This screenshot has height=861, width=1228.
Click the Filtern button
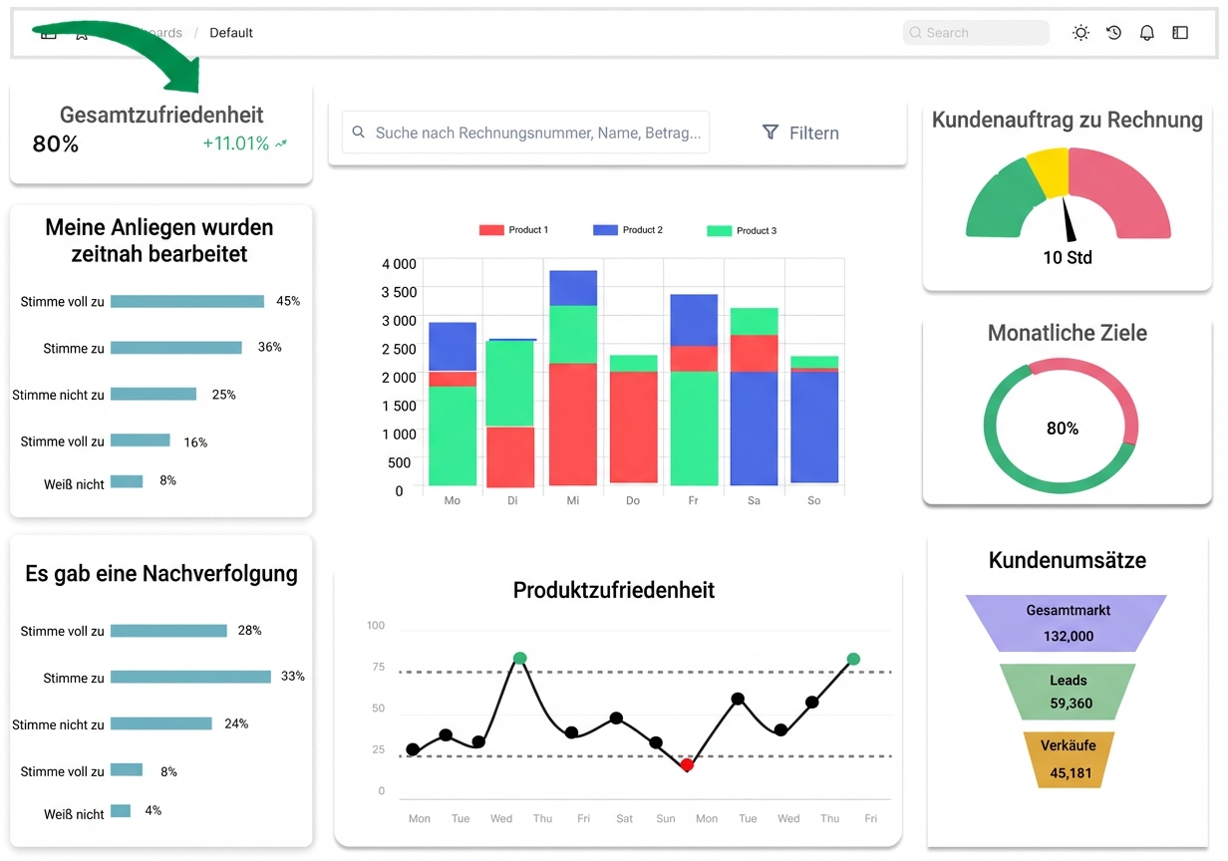(800, 133)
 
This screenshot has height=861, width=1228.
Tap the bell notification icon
(1147, 33)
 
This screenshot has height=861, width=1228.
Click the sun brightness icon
(1080, 33)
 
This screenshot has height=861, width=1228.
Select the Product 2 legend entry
(628, 230)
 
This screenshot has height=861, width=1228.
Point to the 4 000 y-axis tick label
(399, 264)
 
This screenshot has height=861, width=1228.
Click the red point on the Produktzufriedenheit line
(687, 764)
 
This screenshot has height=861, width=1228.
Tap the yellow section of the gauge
(1048, 171)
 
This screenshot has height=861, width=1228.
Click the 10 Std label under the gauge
(1068, 257)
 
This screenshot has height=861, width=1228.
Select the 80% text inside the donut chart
(1062, 429)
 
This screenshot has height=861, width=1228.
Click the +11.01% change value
(236, 143)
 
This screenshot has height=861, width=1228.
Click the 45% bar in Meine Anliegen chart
(186, 301)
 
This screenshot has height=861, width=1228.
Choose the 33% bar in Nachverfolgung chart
(190, 677)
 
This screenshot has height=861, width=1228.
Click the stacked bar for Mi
(573, 379)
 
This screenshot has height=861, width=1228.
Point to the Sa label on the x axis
(754, 500)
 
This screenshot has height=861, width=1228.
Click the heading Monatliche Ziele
(1067, 333)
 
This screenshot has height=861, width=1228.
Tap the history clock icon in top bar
(1114, 33)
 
